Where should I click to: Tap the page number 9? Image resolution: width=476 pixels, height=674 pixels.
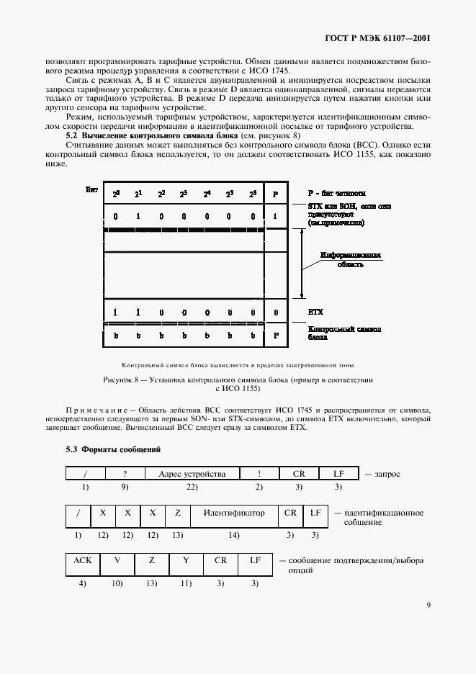(428, 605)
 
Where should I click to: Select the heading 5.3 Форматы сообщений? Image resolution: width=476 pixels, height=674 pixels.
(113, 449)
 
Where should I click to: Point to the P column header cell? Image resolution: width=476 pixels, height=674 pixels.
(275, 194)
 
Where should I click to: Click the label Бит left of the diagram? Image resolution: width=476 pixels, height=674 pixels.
(91, 189)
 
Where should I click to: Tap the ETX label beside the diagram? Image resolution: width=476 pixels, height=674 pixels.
(315, 313)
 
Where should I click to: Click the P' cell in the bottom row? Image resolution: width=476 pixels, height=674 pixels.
(275, 335)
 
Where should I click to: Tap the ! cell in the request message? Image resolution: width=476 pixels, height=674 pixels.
(260, 474)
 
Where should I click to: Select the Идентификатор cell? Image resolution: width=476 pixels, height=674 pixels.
(234, 513)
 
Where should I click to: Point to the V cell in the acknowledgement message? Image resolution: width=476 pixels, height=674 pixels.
(117, 560)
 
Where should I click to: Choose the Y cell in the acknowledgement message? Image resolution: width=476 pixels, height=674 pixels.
(186, 560)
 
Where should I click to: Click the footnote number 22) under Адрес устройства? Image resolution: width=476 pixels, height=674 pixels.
(192, 487)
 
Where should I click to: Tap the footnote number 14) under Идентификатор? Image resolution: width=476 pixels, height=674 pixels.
(234, 535)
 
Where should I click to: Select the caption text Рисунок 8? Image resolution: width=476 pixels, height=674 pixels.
(121, 378)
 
